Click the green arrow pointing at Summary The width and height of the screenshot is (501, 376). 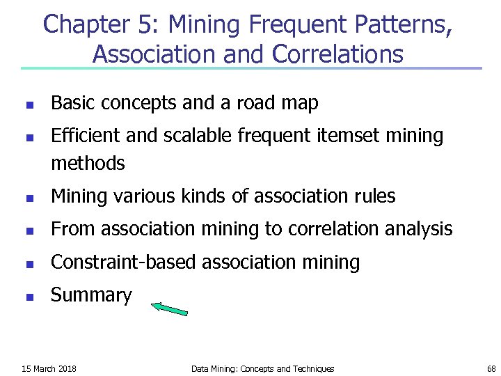(x=170, y=308)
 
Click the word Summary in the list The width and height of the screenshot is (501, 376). (x=91, y=295)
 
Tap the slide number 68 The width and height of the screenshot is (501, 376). (x=491, y=368)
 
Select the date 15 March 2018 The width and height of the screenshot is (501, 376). (x=49, y=368)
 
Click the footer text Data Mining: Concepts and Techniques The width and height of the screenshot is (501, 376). (x=262, y=368)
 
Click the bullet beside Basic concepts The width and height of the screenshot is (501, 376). (x=29, y=105)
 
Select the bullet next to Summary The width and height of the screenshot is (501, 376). (x=29, y=297)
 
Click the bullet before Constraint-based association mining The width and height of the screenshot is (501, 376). (x=29, y=264)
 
